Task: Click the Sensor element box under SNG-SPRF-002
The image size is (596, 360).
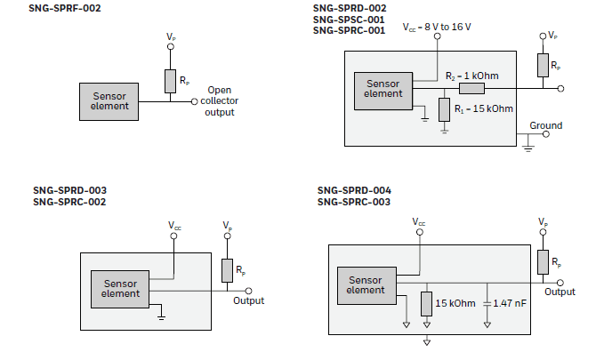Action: click(x=109, y=101)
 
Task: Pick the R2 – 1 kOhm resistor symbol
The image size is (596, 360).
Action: click(x=471, y=89)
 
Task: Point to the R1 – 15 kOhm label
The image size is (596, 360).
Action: click(x=484, y=108)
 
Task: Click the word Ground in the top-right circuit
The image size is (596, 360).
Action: click(x=545, y=125)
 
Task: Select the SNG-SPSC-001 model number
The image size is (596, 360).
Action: click(x=349, y=19)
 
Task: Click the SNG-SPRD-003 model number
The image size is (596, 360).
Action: click(x=69, y=190)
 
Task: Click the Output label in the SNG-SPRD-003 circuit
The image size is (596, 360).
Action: click(x=249, y=300)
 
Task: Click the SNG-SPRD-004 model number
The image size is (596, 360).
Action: click(x=354, y=190)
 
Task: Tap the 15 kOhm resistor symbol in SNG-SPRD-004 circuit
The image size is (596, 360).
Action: click(x=427, y=303)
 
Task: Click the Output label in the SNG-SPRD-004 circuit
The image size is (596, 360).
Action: click(x=560, y=292)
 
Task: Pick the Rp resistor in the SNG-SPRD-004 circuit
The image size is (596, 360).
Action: click(x=543, y=261)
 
